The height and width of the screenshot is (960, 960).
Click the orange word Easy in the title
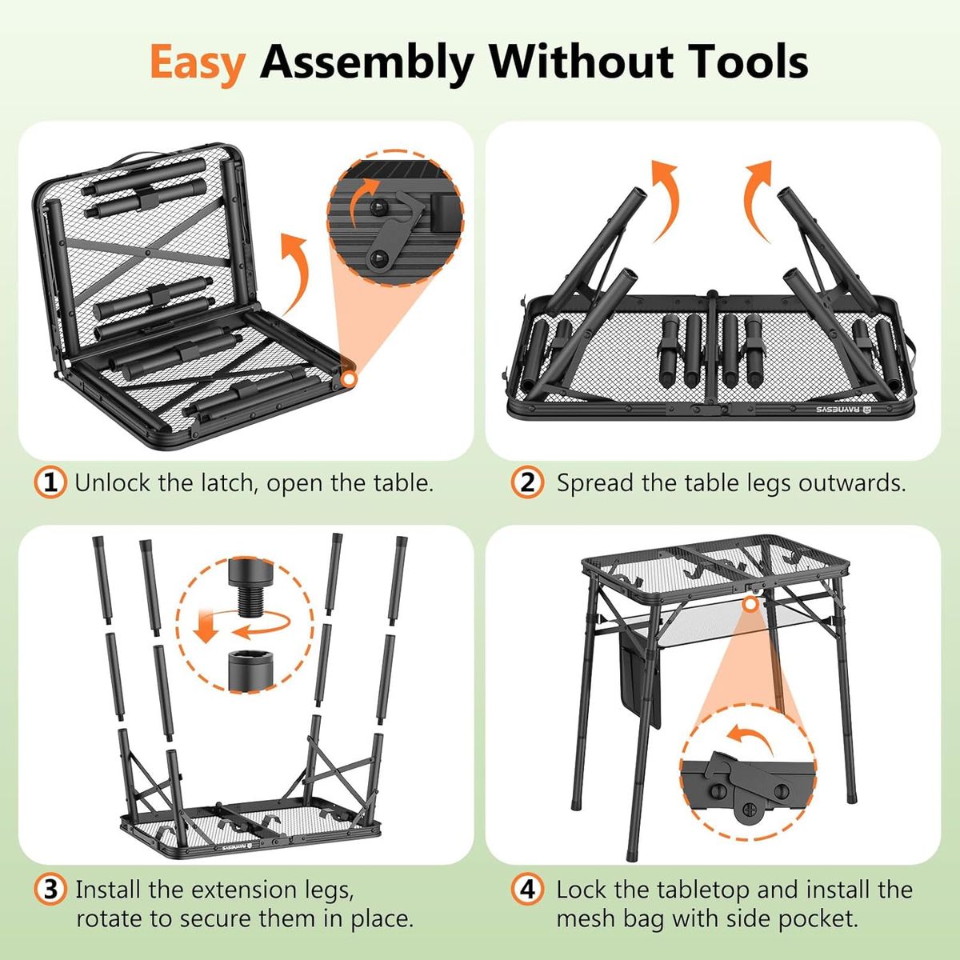pyautogui.click(x=198, y=62)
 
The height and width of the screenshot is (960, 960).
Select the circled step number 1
pyautogui.click(x=50, y=482)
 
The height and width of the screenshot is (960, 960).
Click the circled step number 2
pyautogui.click(x=527, y=482)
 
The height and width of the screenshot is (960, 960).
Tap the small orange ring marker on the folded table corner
pyautogui.click(x=350, y=380)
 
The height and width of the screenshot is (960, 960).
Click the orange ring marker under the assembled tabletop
pyautogui.click(x=750, y=604)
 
